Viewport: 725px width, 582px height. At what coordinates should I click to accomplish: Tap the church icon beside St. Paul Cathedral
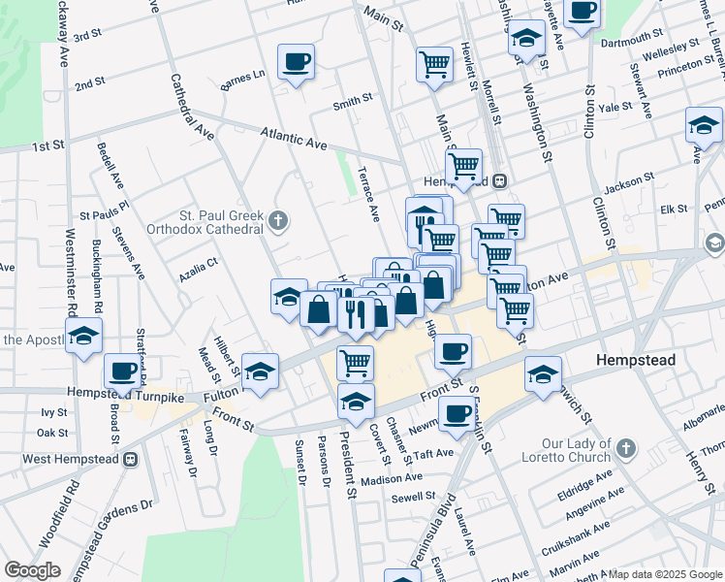click(x=278, y=222)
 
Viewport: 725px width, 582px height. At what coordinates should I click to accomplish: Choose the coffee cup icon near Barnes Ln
click(x=296, y=63)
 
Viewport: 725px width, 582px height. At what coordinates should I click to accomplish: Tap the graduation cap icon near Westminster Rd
click(x=85, y=336)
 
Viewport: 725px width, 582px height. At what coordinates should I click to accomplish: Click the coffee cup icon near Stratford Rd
click(x=123, y=371)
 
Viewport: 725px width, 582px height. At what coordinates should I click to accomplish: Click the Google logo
click(x=32, y=569)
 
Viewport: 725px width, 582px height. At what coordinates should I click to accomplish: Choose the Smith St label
click(x=353, y=99)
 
